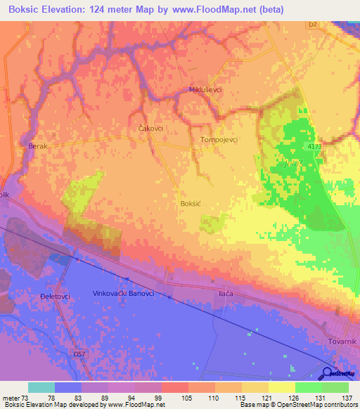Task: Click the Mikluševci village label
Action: coord(205,91)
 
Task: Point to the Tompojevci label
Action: coord(220,139)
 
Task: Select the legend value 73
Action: coord(25,397)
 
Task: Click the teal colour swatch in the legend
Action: coord(41,387)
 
